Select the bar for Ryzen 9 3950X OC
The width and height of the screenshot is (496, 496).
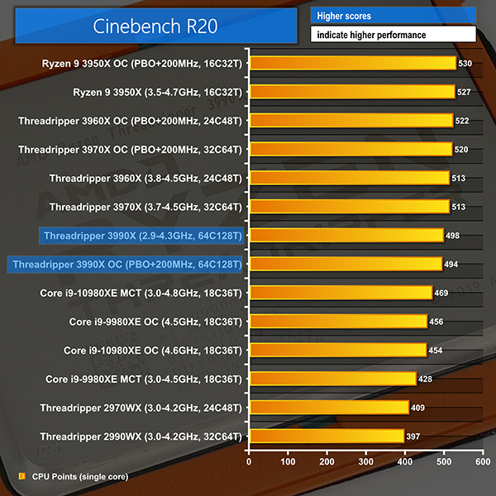pos(352,63)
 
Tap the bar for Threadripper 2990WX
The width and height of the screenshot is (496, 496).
pos(326,436)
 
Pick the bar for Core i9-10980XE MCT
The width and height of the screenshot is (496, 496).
pos(340,293)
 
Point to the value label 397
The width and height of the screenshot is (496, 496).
pos(414,436)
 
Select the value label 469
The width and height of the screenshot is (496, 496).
pos(442,293)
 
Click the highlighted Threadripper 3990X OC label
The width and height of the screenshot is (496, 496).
pos(125,265)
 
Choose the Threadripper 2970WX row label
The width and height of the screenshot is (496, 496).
pos(141,408)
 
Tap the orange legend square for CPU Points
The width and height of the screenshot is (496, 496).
pos(21,476)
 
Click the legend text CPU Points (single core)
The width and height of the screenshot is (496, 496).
pos(79,476)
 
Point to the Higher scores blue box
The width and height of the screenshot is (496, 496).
pos(393,16)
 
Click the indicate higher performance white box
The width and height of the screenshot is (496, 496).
pos(393,35)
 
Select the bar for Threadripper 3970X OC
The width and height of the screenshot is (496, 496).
pos(350,150)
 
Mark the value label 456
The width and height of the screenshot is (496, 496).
pos(437,322)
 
